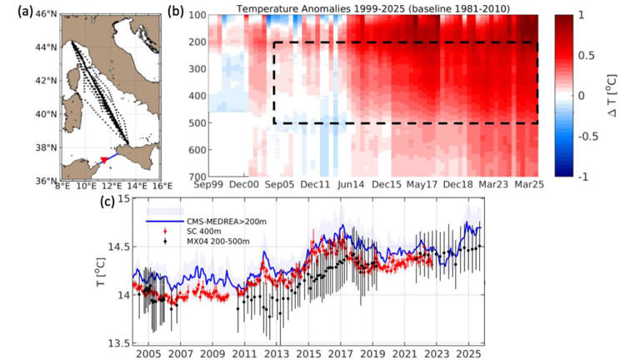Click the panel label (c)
click(x=107, y=201)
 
